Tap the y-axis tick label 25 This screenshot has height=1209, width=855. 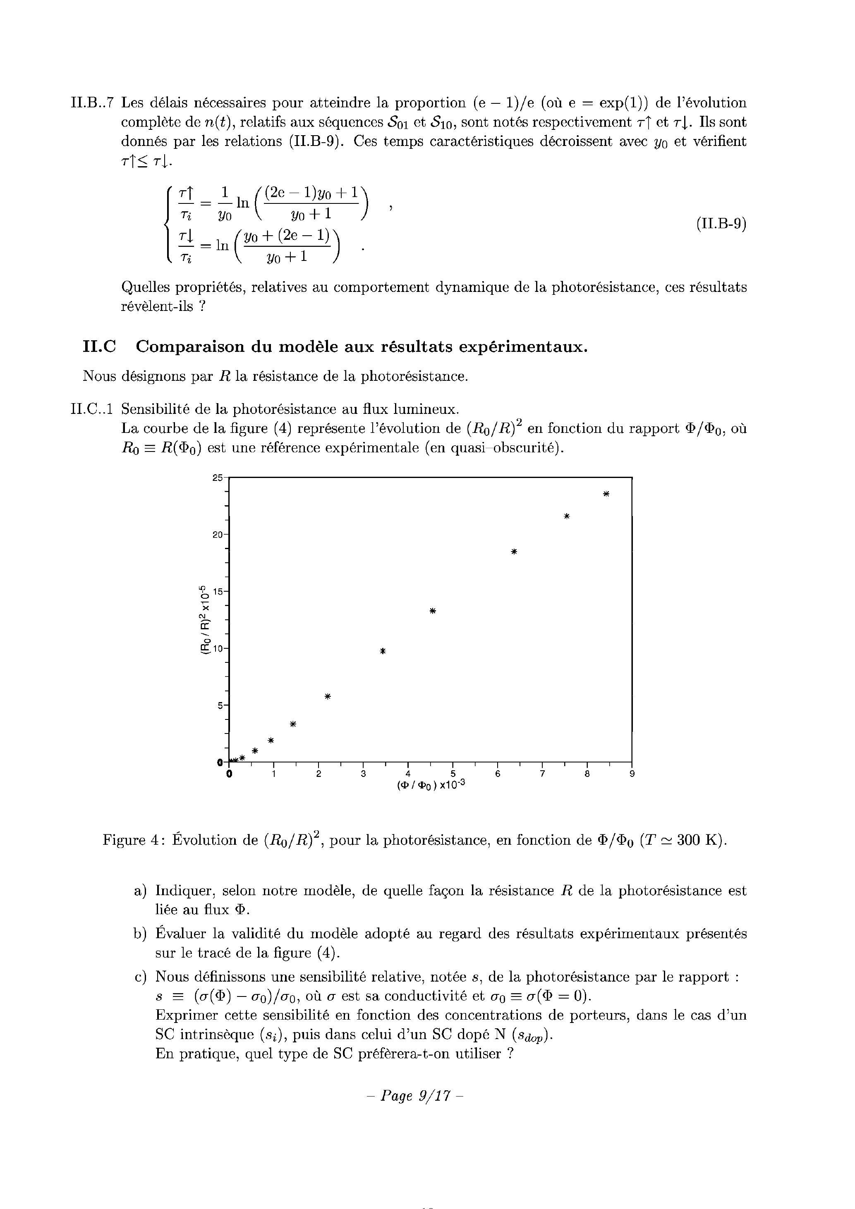218,478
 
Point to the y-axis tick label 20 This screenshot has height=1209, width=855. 218,535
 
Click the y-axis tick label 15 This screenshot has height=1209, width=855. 218,591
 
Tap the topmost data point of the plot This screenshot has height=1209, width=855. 606,494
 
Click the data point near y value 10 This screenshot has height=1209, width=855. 383,651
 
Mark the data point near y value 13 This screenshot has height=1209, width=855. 433,611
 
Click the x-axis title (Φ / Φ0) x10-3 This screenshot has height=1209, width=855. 431,785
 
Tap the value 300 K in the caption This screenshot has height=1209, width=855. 697,840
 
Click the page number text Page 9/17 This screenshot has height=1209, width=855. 414,1096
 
